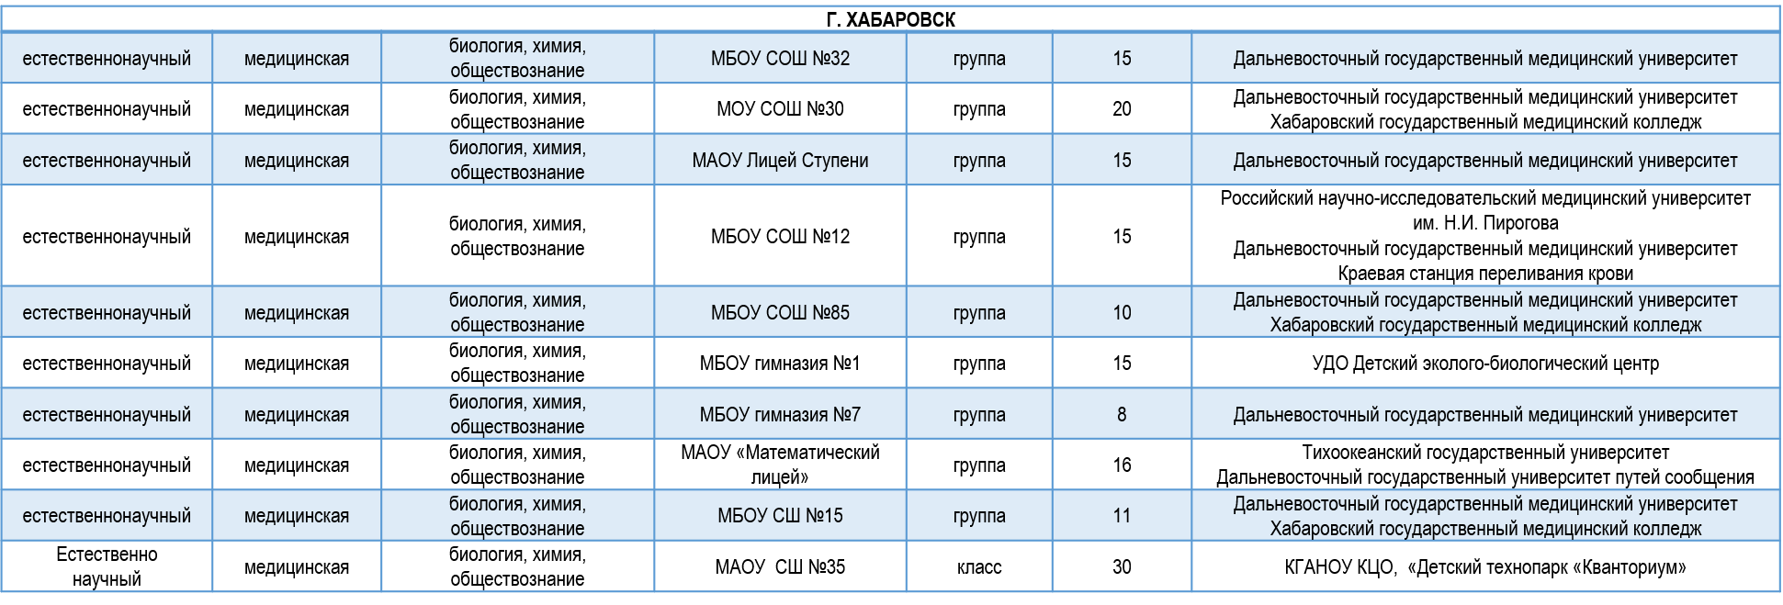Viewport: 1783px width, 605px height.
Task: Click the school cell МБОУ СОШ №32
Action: (780, 59)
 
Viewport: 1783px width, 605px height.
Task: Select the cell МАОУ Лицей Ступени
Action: (780, 161)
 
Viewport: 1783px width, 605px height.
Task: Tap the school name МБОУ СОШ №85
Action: (780, 313)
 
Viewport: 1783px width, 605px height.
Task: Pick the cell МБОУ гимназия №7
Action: (780, 415)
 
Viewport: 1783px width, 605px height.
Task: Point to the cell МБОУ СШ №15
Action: (780, 516)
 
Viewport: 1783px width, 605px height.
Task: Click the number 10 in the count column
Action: (1122, 313)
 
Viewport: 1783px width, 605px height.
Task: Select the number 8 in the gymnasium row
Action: (1122, 415)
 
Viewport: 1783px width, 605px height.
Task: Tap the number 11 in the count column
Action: (1122, 516)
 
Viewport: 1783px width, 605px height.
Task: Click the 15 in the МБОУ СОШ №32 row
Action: (1122, 59)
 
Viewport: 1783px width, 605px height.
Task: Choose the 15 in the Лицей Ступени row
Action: (1122, 161)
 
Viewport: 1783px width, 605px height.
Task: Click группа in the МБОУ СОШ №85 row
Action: (979, 313)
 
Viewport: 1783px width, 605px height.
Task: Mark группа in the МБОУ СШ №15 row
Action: (979, 516)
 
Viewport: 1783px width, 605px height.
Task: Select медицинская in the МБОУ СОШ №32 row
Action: (297, 59)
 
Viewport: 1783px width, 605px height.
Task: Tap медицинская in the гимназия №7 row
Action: (297, 415)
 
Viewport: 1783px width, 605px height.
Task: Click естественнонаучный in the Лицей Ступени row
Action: (107, 161)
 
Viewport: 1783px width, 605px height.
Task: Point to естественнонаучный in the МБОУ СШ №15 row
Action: (107, 516)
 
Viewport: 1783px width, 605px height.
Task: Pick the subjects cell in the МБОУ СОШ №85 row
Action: (517, 313)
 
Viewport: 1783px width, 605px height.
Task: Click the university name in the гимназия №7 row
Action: (1484, 415)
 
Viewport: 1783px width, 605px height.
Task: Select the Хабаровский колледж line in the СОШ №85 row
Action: (1484, 326)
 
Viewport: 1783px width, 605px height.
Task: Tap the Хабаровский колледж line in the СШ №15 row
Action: (1484, 530)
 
